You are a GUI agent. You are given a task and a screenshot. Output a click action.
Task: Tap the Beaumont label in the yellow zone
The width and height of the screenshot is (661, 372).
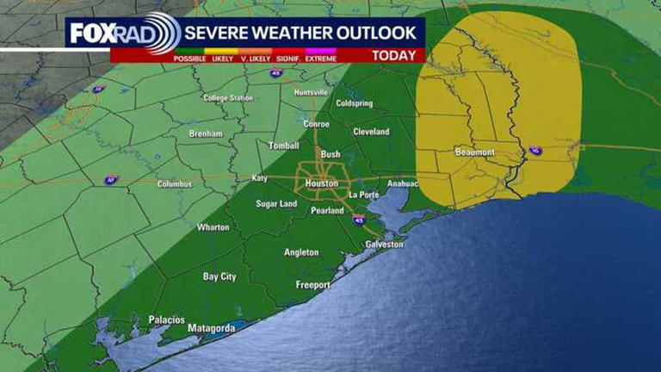[475, 152]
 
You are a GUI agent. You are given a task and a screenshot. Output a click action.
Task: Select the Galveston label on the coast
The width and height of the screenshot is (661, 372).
[384, 245]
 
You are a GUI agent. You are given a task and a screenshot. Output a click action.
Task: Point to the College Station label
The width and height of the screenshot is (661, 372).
[228, 98]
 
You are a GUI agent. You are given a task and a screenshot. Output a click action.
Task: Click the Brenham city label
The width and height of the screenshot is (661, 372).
[206, 134]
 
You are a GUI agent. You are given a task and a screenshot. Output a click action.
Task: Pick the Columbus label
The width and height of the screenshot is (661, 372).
[176, 184]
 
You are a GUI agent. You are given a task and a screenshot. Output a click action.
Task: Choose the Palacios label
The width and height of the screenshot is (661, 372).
[166, 319]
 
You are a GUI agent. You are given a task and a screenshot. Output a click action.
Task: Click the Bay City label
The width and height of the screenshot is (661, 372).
[219, 276]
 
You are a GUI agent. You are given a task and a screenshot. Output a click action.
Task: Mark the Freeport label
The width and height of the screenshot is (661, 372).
[312, 285]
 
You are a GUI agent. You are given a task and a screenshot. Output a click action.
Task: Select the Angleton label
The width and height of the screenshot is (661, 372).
[301, 252]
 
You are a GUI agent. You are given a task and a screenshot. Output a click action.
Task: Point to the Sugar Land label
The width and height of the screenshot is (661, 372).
[276, 204]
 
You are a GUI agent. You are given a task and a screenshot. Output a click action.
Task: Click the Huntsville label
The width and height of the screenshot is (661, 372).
[311, 92]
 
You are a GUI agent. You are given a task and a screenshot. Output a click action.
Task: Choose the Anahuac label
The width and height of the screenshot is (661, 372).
[403, 183]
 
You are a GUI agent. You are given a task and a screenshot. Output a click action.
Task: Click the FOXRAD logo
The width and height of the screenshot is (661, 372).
[120, 34]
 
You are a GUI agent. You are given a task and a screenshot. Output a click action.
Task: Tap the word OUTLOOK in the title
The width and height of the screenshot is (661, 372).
[371, 33]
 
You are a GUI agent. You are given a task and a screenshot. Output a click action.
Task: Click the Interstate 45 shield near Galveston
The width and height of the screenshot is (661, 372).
[359, 221]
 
